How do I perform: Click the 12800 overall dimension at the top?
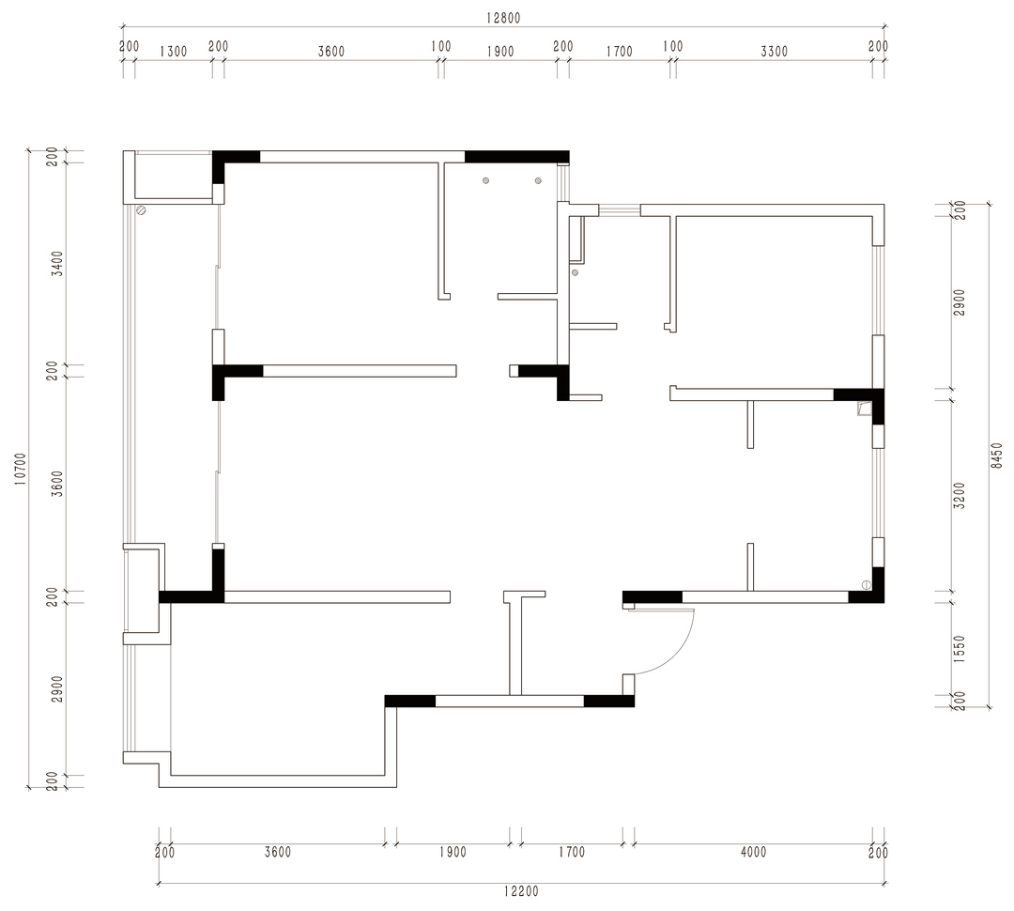[x=502, y=18]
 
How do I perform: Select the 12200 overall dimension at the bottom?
[x=520, y=891]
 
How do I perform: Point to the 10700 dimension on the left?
[x=20, y=468]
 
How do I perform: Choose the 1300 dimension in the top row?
[x=173, y=52]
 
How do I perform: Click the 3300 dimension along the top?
[x=774, y=52]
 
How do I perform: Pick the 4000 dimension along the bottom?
[x=753, y=852]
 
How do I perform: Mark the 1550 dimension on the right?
[x=960, y=649]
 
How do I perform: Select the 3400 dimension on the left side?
[x=57, y=264]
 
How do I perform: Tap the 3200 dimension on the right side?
[x=960, y=495]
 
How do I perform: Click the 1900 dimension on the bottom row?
[x=453, y=852]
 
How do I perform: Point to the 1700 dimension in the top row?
[x=619, y=52]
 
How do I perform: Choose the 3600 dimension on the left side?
[x=57, y=484]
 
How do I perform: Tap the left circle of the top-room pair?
[x=485, y=181]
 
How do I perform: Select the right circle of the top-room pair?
[x=538, y=181]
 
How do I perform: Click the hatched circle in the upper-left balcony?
[x=141, y=210]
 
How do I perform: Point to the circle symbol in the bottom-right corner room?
[x=867, y=585]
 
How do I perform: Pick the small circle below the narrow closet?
[x=575, y=273]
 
